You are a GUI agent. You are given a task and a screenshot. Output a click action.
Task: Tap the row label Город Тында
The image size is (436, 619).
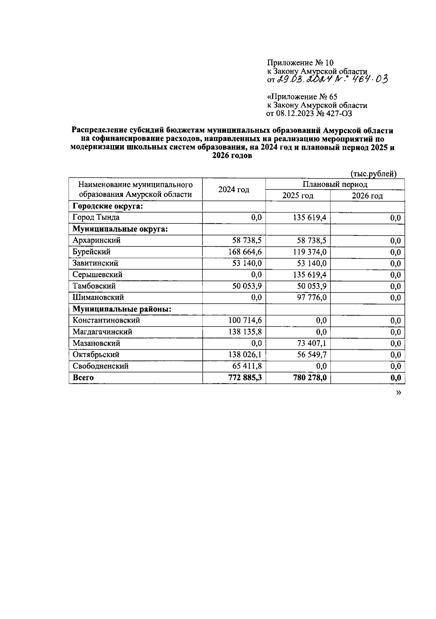click(96, 217)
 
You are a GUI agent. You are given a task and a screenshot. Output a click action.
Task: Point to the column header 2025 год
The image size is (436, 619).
click(298, 196)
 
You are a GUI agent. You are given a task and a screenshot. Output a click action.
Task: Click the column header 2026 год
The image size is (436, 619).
click(367, 196)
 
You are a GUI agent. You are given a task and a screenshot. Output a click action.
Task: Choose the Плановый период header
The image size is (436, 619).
click(335, 184)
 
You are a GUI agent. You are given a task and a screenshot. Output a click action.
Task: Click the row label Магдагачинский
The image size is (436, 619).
click(102, 332)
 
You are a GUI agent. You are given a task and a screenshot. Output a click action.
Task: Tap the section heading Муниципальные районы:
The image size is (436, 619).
click(122, 309)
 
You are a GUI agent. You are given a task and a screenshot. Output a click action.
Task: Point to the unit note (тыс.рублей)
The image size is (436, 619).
click(374, 174)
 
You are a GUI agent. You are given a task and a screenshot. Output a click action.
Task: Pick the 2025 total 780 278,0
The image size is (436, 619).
click(310, 378)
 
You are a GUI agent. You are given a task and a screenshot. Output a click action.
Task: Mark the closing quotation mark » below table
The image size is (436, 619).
click(399, 393)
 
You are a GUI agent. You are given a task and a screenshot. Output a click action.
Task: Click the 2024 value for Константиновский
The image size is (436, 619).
click(245, 320)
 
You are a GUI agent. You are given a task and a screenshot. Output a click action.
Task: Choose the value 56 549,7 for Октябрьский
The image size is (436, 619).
click(312, 354)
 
